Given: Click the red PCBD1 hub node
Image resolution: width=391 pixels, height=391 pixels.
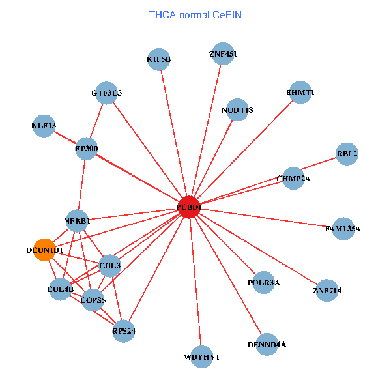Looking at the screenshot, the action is point(188,207).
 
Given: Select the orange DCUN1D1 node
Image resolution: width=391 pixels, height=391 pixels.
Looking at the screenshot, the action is point(44,250).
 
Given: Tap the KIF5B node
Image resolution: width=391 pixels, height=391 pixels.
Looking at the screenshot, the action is point(158,59).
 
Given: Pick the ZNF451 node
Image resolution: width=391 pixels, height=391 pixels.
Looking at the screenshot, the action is point(222,55).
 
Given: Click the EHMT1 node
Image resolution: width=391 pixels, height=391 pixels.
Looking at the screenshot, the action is point(300,93).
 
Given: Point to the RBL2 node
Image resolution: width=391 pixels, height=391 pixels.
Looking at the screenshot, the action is point(347,154).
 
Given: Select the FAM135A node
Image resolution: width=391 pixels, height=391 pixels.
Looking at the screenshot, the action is point(343,229).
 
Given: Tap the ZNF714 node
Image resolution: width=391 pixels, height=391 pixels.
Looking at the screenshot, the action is point(327,289).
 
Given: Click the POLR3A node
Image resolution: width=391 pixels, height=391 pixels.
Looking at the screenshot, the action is point(264,282).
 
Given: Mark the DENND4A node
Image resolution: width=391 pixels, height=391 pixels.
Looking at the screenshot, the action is point(267,343).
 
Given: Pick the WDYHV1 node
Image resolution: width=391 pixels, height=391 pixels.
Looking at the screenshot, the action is point(202,356).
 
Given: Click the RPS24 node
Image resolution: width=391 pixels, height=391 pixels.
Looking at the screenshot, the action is point(123,330).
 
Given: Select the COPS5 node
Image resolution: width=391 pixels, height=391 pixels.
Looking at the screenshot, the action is point(93,300).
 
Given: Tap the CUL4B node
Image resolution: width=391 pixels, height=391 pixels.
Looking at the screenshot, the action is point(60,288).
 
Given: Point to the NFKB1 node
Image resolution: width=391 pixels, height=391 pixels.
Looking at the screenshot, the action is point(77,221).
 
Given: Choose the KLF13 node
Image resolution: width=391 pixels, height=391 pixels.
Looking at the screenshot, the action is point(44,126).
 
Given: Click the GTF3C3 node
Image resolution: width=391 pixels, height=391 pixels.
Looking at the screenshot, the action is point(106,93).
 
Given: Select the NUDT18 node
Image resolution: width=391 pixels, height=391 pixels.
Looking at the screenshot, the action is point(237,109).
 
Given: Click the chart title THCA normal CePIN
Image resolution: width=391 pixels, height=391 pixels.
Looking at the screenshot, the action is point(195,14).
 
